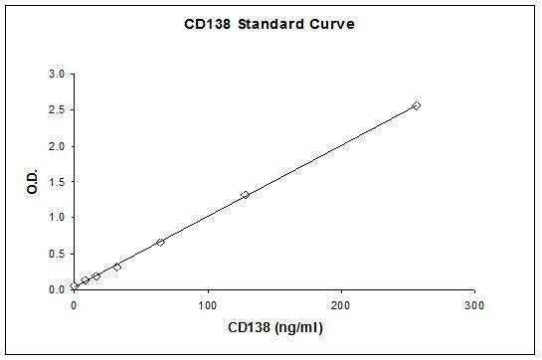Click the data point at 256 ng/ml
click(x=416, y=105)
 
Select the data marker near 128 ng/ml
click(x=245, y=195)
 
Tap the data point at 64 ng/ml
click(x=160, y=242)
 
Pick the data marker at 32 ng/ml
click(x=117, y=267)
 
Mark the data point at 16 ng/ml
click(x=95, y=275)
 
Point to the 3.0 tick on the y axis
click(x=58, y=75)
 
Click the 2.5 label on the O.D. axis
click(x=58, y=110)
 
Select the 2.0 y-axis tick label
click(x=58, y=146)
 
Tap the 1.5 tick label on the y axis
click(x=58, y=182)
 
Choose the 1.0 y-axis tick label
click(x=58, y=218)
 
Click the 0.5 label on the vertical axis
click(x=58, y=254)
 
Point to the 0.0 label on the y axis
click(x=58, y=289)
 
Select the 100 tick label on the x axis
click(x=208, y=302)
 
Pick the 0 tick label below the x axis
click(x=75, y=302)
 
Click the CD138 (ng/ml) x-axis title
click(x=273, y=326)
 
